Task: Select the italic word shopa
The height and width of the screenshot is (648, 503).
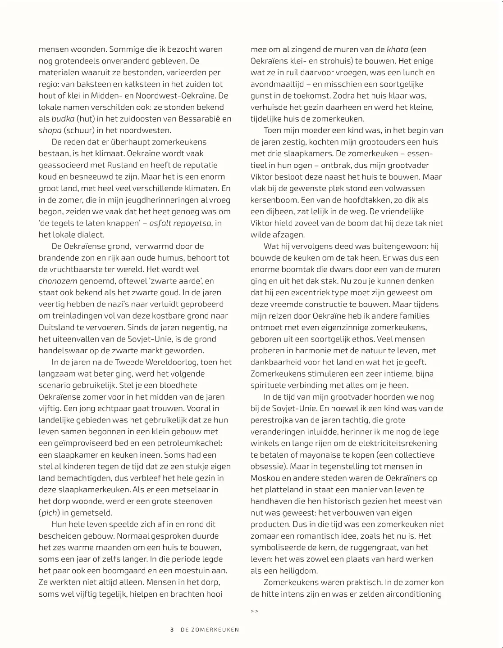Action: tap(50, 130)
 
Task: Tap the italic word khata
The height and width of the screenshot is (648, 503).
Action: tap(398, 49)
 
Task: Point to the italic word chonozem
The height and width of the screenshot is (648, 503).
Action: tap(58, 281)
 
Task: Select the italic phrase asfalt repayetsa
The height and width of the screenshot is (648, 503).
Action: tap(180, 223)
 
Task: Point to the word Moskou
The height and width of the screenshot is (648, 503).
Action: tap(266, 478)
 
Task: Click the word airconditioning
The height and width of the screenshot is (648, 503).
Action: tap(413, 594)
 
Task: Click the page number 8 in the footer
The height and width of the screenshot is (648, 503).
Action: tap(172, 630)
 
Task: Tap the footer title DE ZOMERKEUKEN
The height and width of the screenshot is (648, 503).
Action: tap(210, 630)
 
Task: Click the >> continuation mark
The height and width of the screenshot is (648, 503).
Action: tap(254, 611)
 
